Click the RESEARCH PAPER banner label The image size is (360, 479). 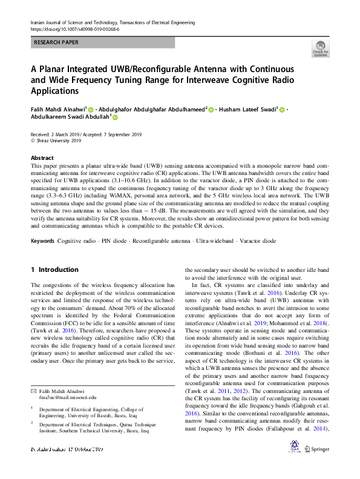tap(57, 43)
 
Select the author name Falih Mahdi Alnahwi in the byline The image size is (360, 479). tap(57, 110)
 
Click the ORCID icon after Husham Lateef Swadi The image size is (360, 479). tap(281, 110)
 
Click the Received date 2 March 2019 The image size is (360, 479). tap(55, 134)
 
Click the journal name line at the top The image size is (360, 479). tap(112, 22)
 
